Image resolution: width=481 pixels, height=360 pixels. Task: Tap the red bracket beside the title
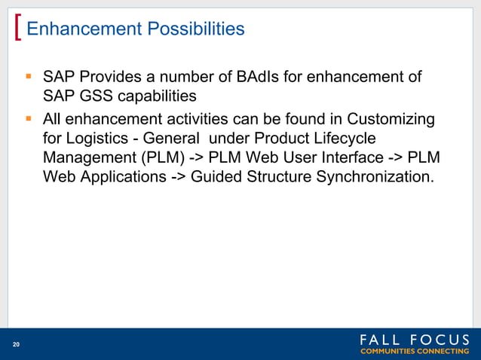[17, 29]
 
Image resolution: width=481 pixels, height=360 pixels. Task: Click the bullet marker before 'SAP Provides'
[28, 76]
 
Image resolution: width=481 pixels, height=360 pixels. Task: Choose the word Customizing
[386, 119]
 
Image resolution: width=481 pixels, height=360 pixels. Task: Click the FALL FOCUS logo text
[414, 340]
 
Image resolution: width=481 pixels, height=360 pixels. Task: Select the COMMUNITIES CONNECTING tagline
[414, 352]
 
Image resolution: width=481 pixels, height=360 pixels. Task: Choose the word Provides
[103, 77]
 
